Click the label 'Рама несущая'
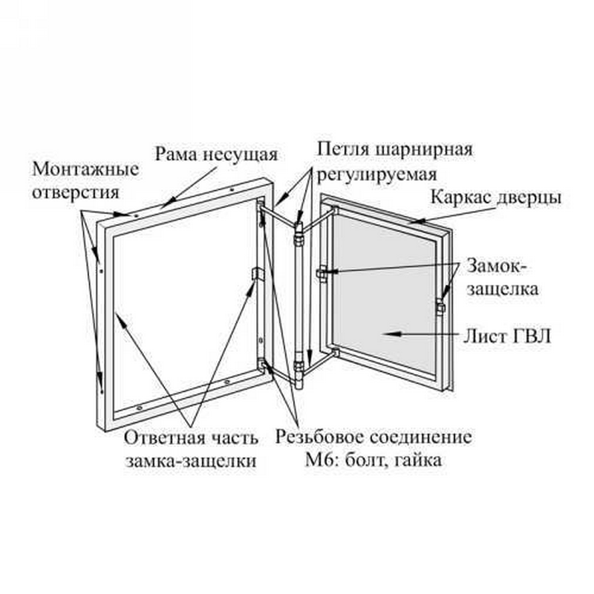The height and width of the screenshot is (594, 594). coord(217,154)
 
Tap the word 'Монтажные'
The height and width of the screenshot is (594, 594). coord(85,169)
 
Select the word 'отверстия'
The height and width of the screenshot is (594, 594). coord(76,192)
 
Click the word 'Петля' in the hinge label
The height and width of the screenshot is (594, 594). coord(343,149)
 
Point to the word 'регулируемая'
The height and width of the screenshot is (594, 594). coord(377,174)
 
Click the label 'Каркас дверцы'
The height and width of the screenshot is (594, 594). coord(496,198)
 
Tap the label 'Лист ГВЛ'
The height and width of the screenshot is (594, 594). coord(507,336)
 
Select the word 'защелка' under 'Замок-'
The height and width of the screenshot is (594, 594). coord(503,289)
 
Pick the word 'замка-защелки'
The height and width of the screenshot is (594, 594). coord(192,461)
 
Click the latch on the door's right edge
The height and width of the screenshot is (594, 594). coord(440,307)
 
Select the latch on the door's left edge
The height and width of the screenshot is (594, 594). coord(322,273)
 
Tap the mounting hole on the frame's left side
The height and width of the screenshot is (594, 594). coord(101,270)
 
